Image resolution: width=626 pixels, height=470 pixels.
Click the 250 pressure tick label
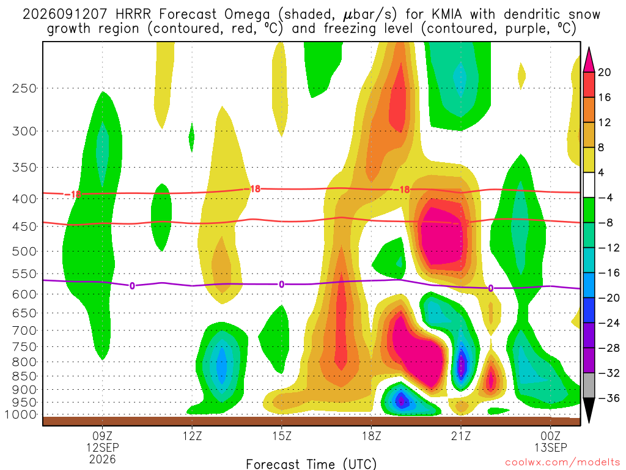(24, 88)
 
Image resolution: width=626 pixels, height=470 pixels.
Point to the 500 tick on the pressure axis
(24, 252)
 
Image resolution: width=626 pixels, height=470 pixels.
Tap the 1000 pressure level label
(21, 414)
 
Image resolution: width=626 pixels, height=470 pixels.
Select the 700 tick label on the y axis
(24, 330)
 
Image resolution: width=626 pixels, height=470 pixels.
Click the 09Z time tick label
(103, 436)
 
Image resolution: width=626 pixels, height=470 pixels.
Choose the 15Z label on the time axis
(282, 436)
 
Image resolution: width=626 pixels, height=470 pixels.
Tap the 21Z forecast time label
(461, 436)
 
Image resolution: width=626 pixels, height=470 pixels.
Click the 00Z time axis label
(551, 436)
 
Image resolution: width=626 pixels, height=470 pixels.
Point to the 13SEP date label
(551, 447)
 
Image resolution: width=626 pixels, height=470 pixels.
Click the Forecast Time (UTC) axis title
(311, 464)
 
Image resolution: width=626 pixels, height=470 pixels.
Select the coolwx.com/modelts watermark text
(562, 463)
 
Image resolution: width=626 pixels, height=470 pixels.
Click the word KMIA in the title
(447, 15)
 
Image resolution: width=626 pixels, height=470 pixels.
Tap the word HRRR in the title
(133, 15)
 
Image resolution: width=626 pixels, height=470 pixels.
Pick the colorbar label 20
(605, 72)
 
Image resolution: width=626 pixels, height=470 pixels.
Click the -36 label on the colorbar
(608, 398)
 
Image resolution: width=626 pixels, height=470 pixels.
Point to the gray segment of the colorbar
(589, 386)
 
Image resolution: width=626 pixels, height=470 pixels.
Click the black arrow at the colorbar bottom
(589, 410)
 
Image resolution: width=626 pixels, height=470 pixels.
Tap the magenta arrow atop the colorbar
(589, 60)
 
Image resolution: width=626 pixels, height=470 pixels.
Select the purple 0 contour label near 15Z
(281, 285)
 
